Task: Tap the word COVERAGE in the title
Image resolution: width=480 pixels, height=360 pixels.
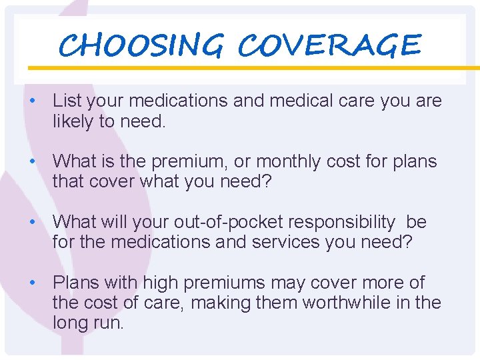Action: click(329, 45)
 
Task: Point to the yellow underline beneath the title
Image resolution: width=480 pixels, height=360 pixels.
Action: click(267, 68)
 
